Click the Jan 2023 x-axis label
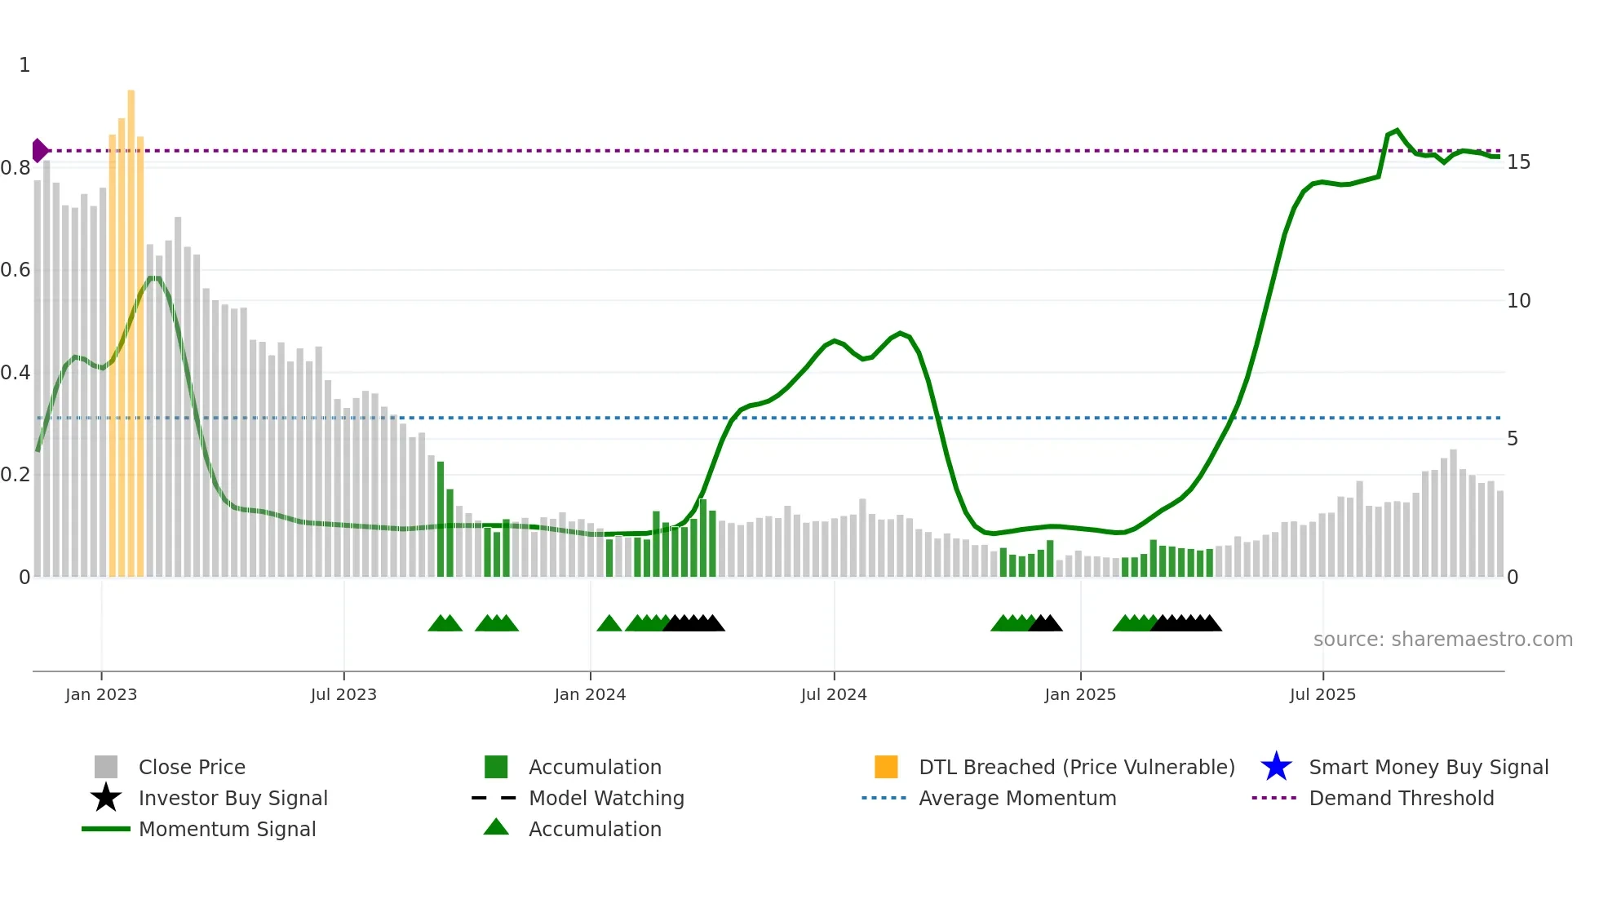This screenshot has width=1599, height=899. point(101,694)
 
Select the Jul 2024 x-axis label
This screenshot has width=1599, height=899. point(834,694)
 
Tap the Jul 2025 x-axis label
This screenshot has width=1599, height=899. point(1322,694)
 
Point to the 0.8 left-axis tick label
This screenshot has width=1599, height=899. point(16,168)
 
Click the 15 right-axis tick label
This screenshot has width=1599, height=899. point(1518,162)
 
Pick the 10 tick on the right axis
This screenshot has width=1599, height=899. point(1518,301)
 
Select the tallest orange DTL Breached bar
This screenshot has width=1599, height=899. point(131,326)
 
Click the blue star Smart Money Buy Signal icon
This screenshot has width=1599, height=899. point(1276,767)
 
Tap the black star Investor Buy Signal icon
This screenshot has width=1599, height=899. point(106,798)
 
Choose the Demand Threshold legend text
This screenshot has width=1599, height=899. point(1401,798)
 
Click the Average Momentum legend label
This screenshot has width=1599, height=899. point(1017,798)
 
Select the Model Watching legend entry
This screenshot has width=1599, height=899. point(606,798)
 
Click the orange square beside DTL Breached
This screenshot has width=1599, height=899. point(886,767)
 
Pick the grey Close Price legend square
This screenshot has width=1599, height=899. point(106,767)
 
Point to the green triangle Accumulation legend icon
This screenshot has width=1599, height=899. point(496,827)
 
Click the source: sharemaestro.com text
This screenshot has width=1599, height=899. point(1442,640)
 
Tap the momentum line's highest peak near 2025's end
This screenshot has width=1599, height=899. point(1397,131)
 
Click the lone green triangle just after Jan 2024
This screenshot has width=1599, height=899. point(609,624)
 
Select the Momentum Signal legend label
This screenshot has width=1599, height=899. point(227,829)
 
